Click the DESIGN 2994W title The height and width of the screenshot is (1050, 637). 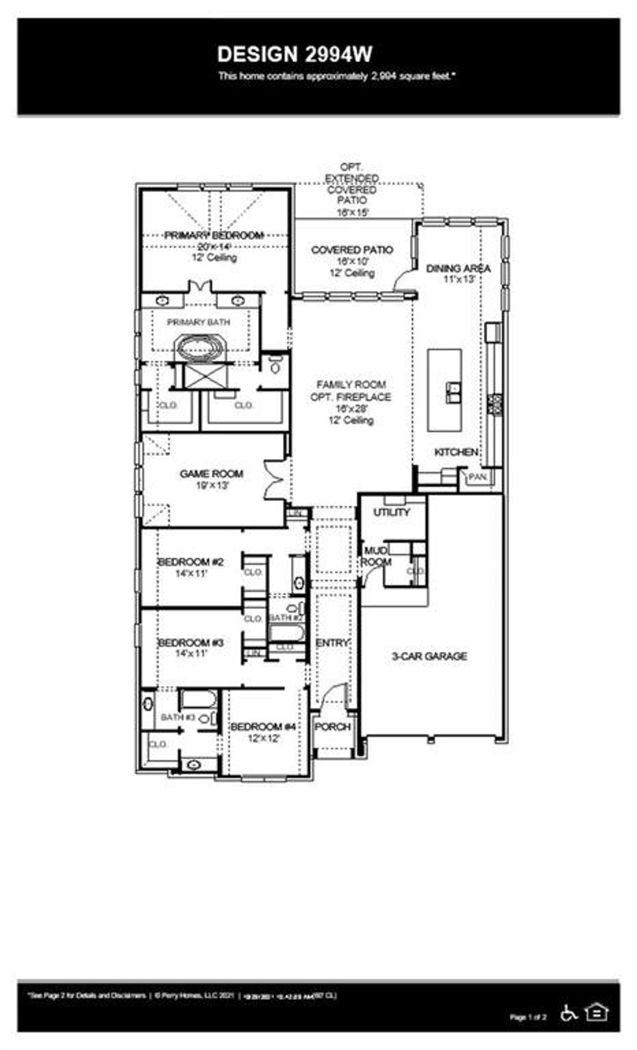point(295,55)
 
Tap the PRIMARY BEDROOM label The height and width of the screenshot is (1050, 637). point(214,235)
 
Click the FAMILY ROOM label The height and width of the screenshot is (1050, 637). point(351,384)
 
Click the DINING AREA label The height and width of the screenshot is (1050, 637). point(458,269)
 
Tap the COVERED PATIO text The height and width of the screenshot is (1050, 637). point(352,250)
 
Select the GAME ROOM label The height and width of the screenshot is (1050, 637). point(212,474)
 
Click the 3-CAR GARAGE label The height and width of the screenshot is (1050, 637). point(429,656)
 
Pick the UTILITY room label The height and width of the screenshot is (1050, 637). point(392,512)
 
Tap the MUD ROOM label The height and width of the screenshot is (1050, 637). point(376,556)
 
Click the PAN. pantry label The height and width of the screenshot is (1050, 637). point(478,477)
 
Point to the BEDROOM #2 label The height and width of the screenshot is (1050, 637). point(191,562)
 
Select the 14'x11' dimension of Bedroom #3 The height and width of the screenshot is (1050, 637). point(191,653)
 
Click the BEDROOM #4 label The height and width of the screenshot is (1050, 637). point(263,727)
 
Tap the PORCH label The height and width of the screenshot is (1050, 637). point(333,727)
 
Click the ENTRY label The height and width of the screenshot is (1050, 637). point(332,643)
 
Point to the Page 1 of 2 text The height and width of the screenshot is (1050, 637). point(528,1017)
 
